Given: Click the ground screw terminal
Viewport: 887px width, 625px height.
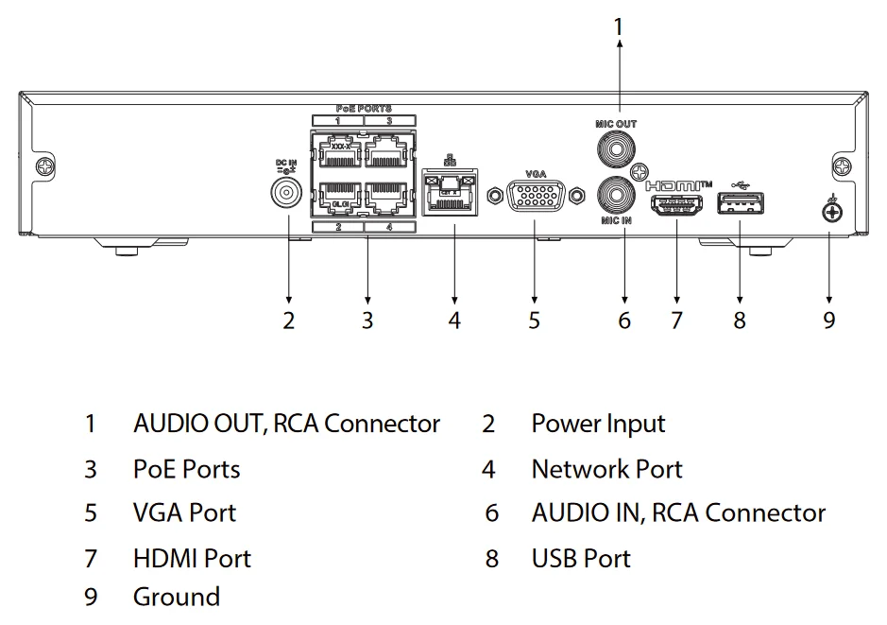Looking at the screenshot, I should tap(830, 213).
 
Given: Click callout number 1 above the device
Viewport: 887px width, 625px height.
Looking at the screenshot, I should tap(619, 28).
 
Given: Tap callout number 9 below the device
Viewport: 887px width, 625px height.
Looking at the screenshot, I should tap(829, 321).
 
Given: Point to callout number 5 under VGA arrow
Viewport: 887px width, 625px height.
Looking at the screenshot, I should tap(535, 321).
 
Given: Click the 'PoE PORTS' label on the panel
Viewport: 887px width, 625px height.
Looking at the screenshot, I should tap(364, 109).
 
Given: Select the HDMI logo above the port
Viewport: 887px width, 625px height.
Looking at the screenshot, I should tap(678, 184).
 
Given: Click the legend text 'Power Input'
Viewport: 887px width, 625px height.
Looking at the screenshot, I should tap(598, 424).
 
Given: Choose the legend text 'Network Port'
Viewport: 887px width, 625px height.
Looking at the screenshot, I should tap(606, 469).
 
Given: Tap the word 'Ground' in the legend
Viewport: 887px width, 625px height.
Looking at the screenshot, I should tap(177, 597).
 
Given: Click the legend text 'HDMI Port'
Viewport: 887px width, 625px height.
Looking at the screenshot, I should tap(192, 559).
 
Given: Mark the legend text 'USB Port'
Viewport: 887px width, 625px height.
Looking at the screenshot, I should tap(580, 559).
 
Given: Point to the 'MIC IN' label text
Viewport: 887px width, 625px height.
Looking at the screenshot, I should tap(616, 220).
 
